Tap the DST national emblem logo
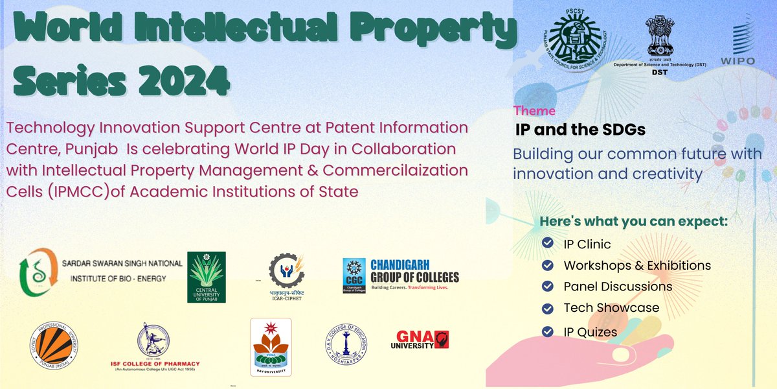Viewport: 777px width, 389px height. coord(660,40)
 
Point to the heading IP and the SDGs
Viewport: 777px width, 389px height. coord(580,130)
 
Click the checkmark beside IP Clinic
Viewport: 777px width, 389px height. coord(548,244)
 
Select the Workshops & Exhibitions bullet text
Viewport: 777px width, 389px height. coord(637,265)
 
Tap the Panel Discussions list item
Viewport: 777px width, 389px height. coord(618,287)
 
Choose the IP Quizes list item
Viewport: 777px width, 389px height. coord(590,332)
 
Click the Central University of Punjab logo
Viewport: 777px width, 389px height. coord(207,277)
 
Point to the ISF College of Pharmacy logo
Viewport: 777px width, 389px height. coord(155,347)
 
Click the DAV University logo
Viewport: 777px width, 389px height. coord(271,347)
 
